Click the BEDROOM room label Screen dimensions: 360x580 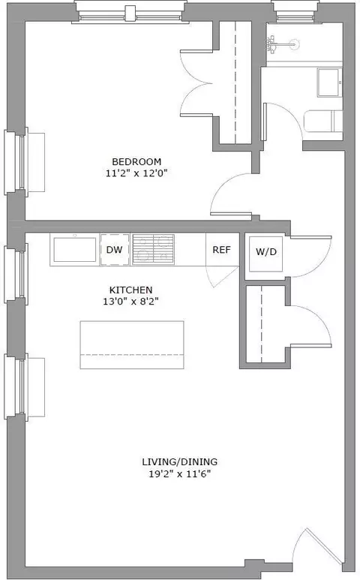coord(136,161)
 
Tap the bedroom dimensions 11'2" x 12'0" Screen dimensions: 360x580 coord(136,173)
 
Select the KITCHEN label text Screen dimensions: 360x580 coord(130,290)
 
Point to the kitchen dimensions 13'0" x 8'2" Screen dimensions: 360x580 coord(130,302)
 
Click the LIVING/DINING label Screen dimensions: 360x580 coord(180,461)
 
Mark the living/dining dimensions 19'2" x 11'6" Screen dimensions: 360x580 coord(180,474)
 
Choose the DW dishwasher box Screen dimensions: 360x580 coord(115,249)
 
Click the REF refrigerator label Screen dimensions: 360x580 coord(221,250)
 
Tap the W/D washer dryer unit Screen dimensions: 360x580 coord(265,254)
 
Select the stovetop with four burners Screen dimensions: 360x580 coord(153,249)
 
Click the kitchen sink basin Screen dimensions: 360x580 coord(75,250)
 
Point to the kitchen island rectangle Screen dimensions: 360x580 coord(132,344)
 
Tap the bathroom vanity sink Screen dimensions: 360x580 coord(328,83)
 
